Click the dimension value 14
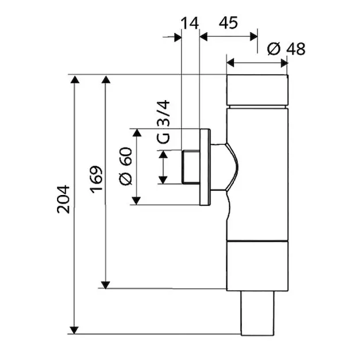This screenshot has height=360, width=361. pos(189,23)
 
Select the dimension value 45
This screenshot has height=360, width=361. pos(228,23)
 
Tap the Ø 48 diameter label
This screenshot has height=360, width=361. pos(287,49)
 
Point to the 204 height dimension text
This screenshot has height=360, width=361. pos(64,199)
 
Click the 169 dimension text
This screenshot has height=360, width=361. pos(96,179)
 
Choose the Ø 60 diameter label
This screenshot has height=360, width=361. pos(126,166)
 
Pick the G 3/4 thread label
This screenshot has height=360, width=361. pos(163,122)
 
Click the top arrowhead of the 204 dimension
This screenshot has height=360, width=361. pos(74,79)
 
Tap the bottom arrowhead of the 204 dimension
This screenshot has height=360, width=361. pos(74,330)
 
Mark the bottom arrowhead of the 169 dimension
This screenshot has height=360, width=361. pos(106,285)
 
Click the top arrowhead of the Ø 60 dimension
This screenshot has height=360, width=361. pos(137,133)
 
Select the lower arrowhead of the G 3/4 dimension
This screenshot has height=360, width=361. pos(163,180)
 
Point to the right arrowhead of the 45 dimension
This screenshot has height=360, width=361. pos(254,37)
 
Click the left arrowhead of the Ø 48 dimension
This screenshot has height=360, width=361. pos(230,62)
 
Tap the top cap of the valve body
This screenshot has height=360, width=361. pos(257,90)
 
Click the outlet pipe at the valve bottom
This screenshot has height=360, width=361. pos(258,313)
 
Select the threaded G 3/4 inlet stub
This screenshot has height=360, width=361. pos(191,167)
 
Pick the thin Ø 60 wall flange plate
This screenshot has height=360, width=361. pos(205,167)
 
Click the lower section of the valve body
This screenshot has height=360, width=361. pos(257,266)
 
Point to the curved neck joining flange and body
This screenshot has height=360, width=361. pos(224,167)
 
